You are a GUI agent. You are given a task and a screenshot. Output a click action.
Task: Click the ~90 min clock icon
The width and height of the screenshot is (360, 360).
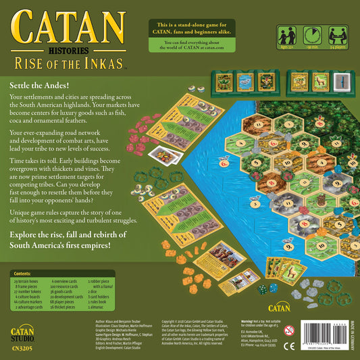click(x=313, y=36)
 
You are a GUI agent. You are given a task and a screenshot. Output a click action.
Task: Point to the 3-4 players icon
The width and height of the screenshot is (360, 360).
click(x=337, y=36)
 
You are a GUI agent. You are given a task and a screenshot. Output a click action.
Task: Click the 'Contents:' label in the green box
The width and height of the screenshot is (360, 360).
click(x=22, y=274)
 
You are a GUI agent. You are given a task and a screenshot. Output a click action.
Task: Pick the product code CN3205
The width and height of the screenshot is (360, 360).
click(x=24, y=349)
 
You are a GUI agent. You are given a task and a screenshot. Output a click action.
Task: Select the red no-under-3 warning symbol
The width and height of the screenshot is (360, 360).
click(x=290, y=331)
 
